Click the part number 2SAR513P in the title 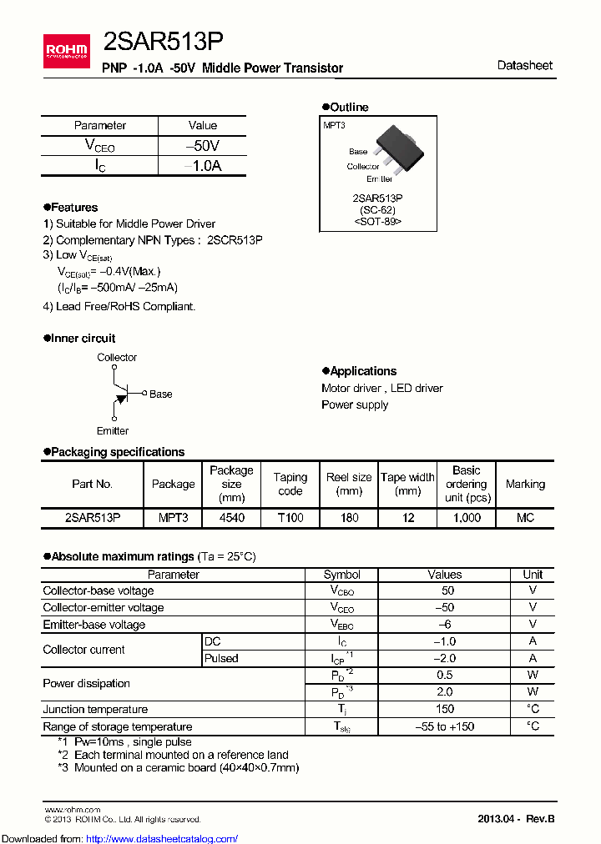click(162, 43)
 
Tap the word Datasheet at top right click(524, 65)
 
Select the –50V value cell click(203, 145)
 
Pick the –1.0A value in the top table click(203, 165)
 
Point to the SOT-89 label click(377, 222)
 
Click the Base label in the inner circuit click(160, 394)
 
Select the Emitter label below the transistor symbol click(113, 430)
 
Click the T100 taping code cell click(290, 518)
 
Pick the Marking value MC click(525, 518)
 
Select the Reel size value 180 click(349, 518)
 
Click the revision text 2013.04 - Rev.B click(515, 818)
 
